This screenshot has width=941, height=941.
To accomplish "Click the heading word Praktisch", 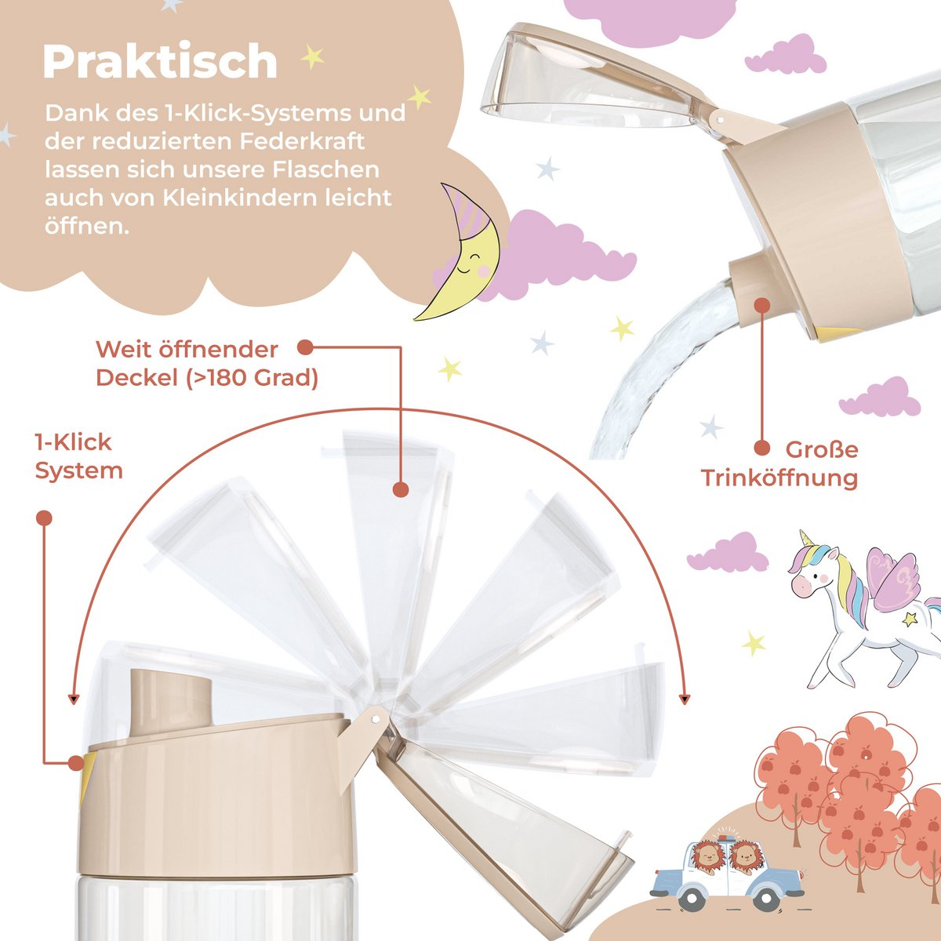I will click(160, 62).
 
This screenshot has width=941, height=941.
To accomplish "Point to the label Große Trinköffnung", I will click(781, 463).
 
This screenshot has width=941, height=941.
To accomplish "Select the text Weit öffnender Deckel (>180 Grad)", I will click(207, 363).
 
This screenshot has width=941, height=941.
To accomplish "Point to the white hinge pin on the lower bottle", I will click(375, 716).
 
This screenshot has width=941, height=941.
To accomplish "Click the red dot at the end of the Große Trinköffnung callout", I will click(761, 448).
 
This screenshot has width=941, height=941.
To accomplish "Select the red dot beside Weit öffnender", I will click(305, 347).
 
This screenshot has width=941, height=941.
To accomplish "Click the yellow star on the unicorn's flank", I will click(910, 619).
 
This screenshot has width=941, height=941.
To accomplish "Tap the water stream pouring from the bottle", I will click(659, 369).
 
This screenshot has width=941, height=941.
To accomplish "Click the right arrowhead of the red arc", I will click(687, 698).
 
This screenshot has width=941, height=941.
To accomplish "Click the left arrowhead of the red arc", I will click(73, 698).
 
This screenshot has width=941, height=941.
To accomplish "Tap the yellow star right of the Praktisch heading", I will click(312, 56).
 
